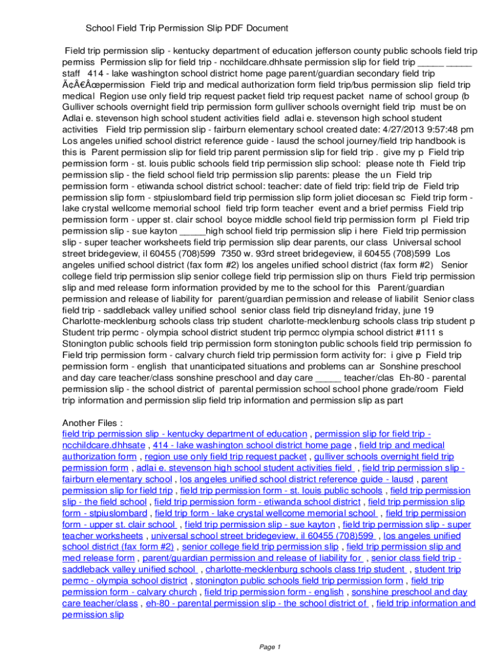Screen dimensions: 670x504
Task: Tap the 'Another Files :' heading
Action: pyautogui.click(x=92, y=422)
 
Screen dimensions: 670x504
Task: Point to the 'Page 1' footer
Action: pyautogui.click(x=270, y=647)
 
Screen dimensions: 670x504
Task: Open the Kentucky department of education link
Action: pyautogui.click(x=184, y=434)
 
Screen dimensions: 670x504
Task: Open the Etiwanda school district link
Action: pyautogui.click(x=257, y=502)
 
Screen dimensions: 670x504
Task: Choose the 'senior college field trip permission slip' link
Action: pyautogui.click(x=261, y=546)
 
